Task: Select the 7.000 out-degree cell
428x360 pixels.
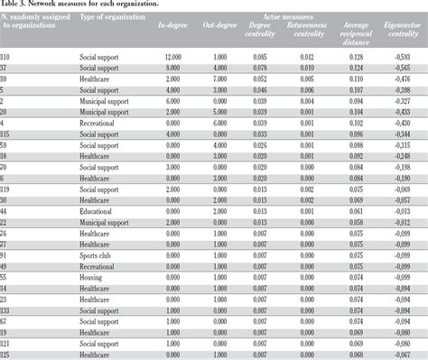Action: tap(231, 78)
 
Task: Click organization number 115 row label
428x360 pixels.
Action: tap(7, 134)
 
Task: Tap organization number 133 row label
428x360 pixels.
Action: tap(7, 309)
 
